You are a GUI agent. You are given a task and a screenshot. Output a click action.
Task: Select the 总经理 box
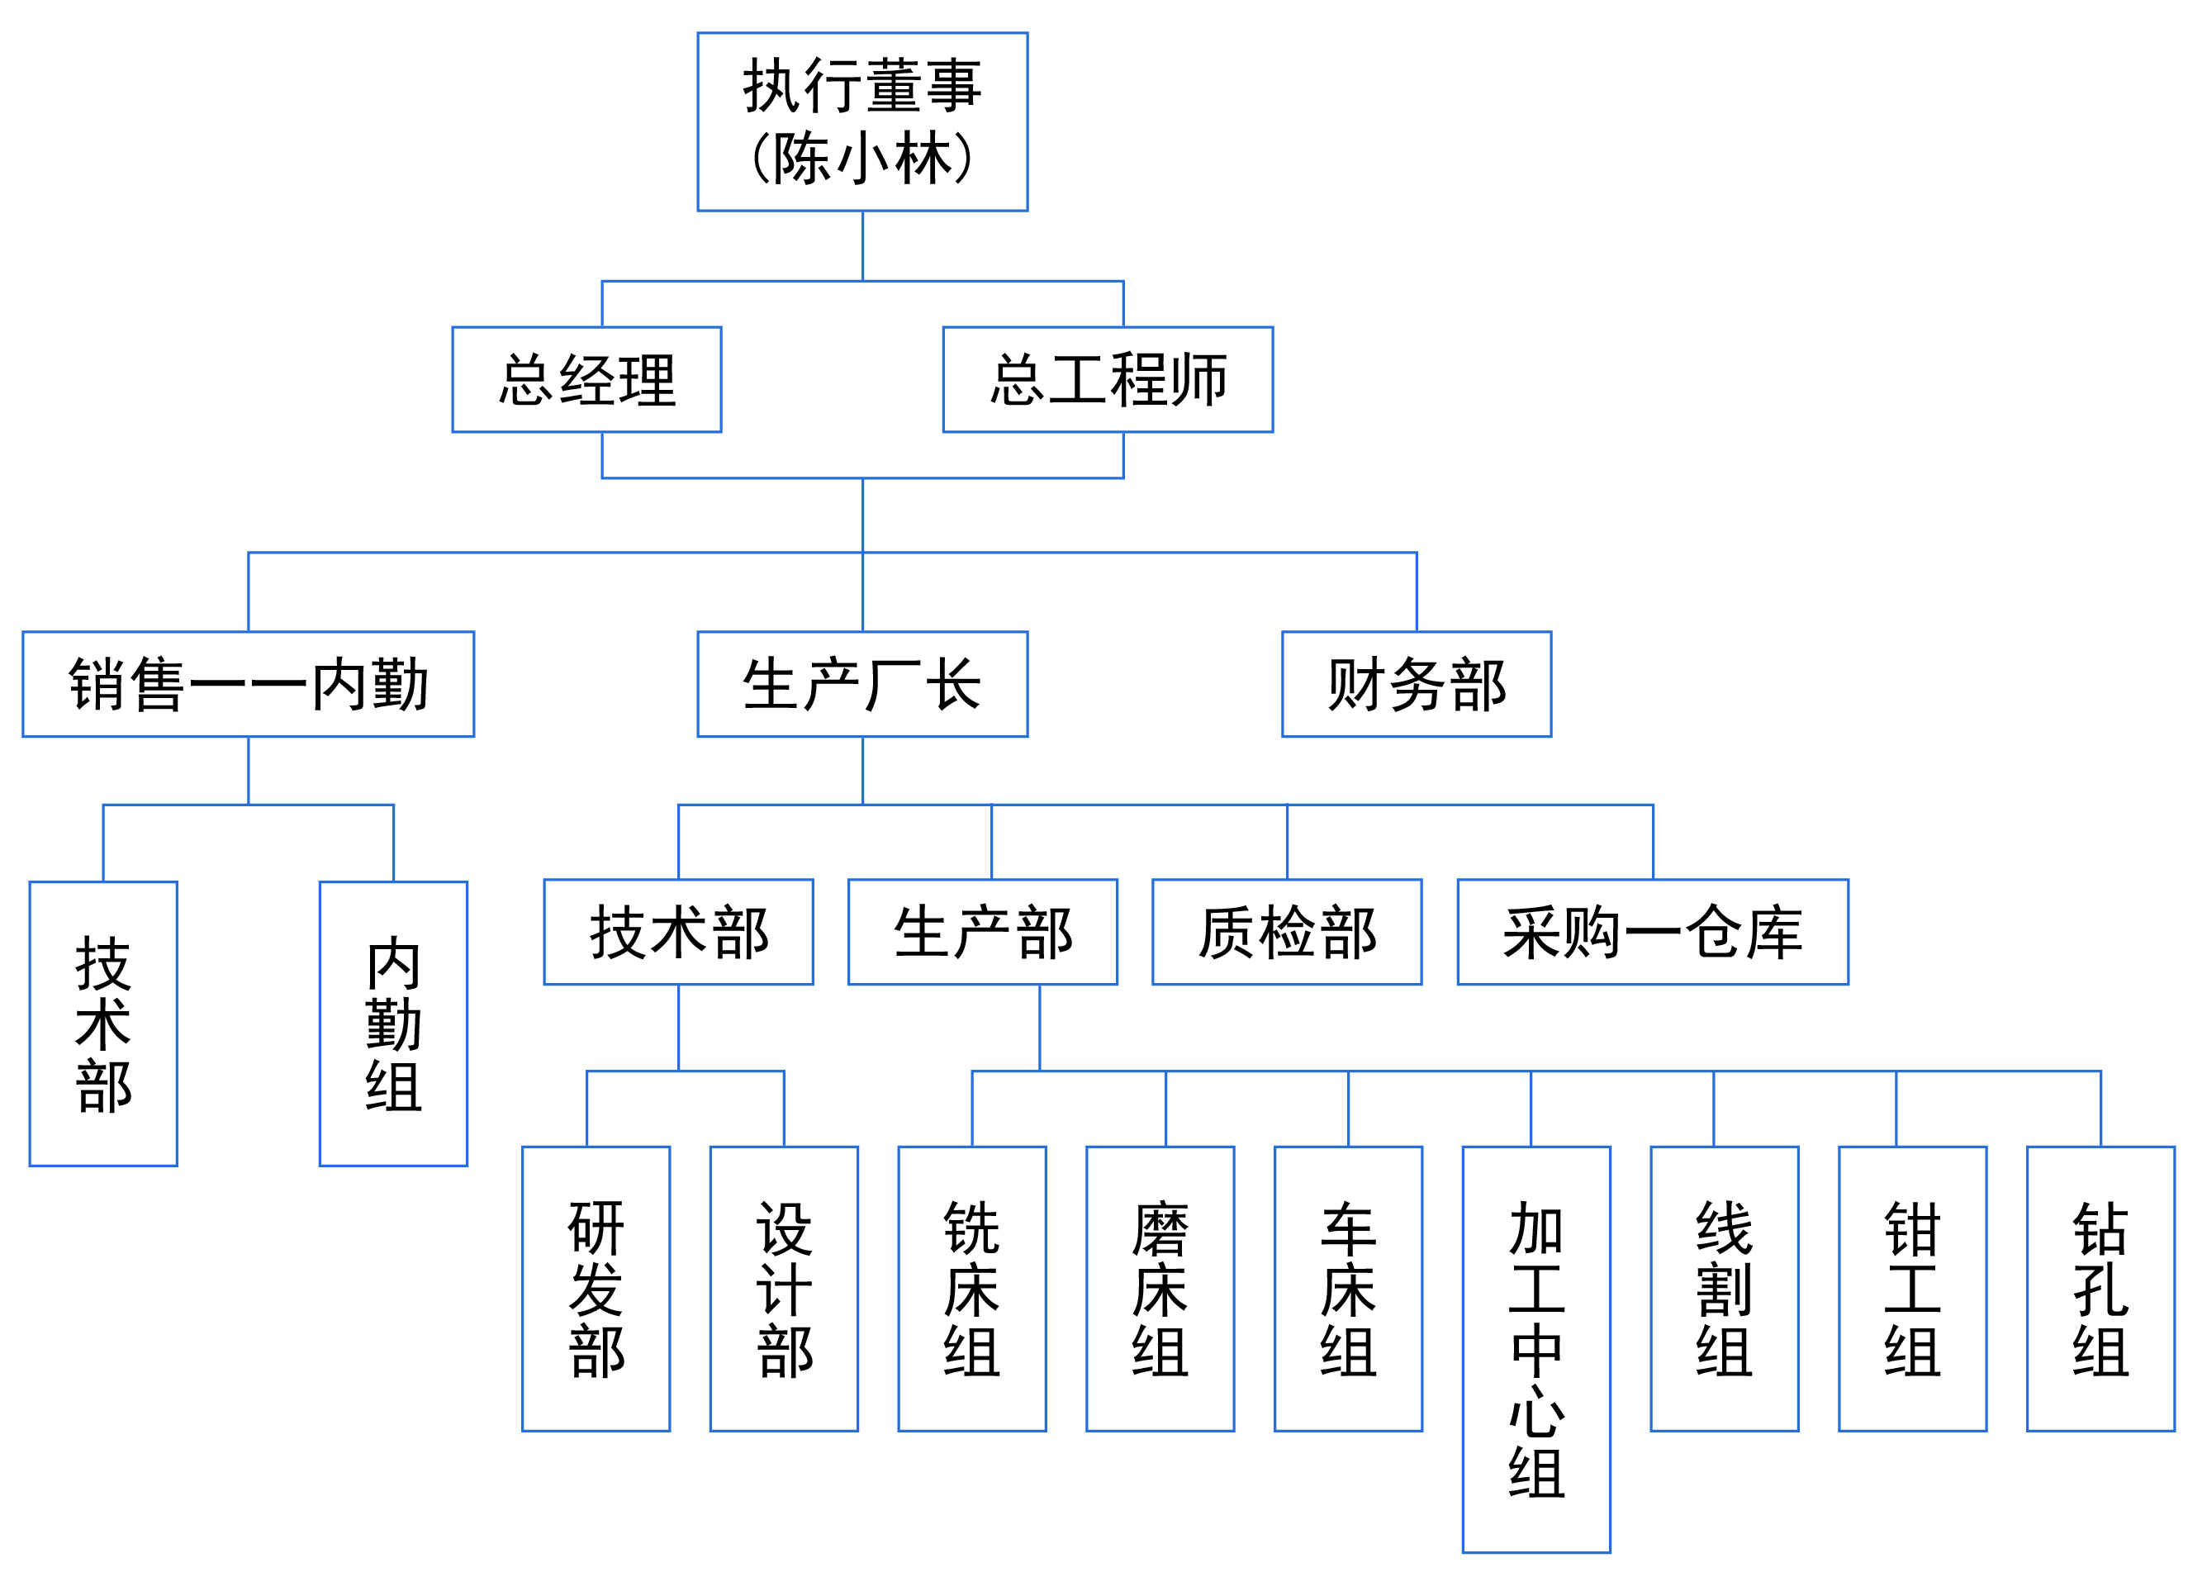click(x=586, y=380)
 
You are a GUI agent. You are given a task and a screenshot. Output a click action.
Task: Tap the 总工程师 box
click(x=1107, y=380)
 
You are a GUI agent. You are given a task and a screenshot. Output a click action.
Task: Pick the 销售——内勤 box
click(x=248, y=685)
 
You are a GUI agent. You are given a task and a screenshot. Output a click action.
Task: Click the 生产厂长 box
click(x=861, y=685)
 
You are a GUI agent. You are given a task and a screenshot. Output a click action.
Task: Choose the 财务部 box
click(x=1416, y=685)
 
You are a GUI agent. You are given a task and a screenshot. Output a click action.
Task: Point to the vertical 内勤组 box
click(x=393, y=1024)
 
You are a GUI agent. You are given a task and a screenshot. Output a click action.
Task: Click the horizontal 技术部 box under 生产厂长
click(x=678, y=932)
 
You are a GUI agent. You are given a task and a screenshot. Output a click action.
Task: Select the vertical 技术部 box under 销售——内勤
click(x=103, y=1024)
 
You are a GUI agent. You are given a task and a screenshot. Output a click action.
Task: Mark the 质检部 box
click(x=1287, y=932)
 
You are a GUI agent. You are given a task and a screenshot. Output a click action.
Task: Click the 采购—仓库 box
click(x=1653, y=932)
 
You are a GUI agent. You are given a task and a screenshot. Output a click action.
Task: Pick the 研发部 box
click(x=596, y=1289)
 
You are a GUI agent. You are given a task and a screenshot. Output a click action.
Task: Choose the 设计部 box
click(x=784, y=1289)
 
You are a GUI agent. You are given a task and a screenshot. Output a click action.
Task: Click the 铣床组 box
click(x=972, y=1289)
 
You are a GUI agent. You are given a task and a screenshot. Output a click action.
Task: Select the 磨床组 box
click(x=1160, y=1289)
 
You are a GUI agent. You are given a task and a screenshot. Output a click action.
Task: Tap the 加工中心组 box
click(x=1536, y=1350)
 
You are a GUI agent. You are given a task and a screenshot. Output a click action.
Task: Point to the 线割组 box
click(x=1725, y=1289)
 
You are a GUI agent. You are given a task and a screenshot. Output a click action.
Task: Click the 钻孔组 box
click(x=2100, y=1289)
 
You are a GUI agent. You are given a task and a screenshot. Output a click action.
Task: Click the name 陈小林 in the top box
click(x=861, y=159)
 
